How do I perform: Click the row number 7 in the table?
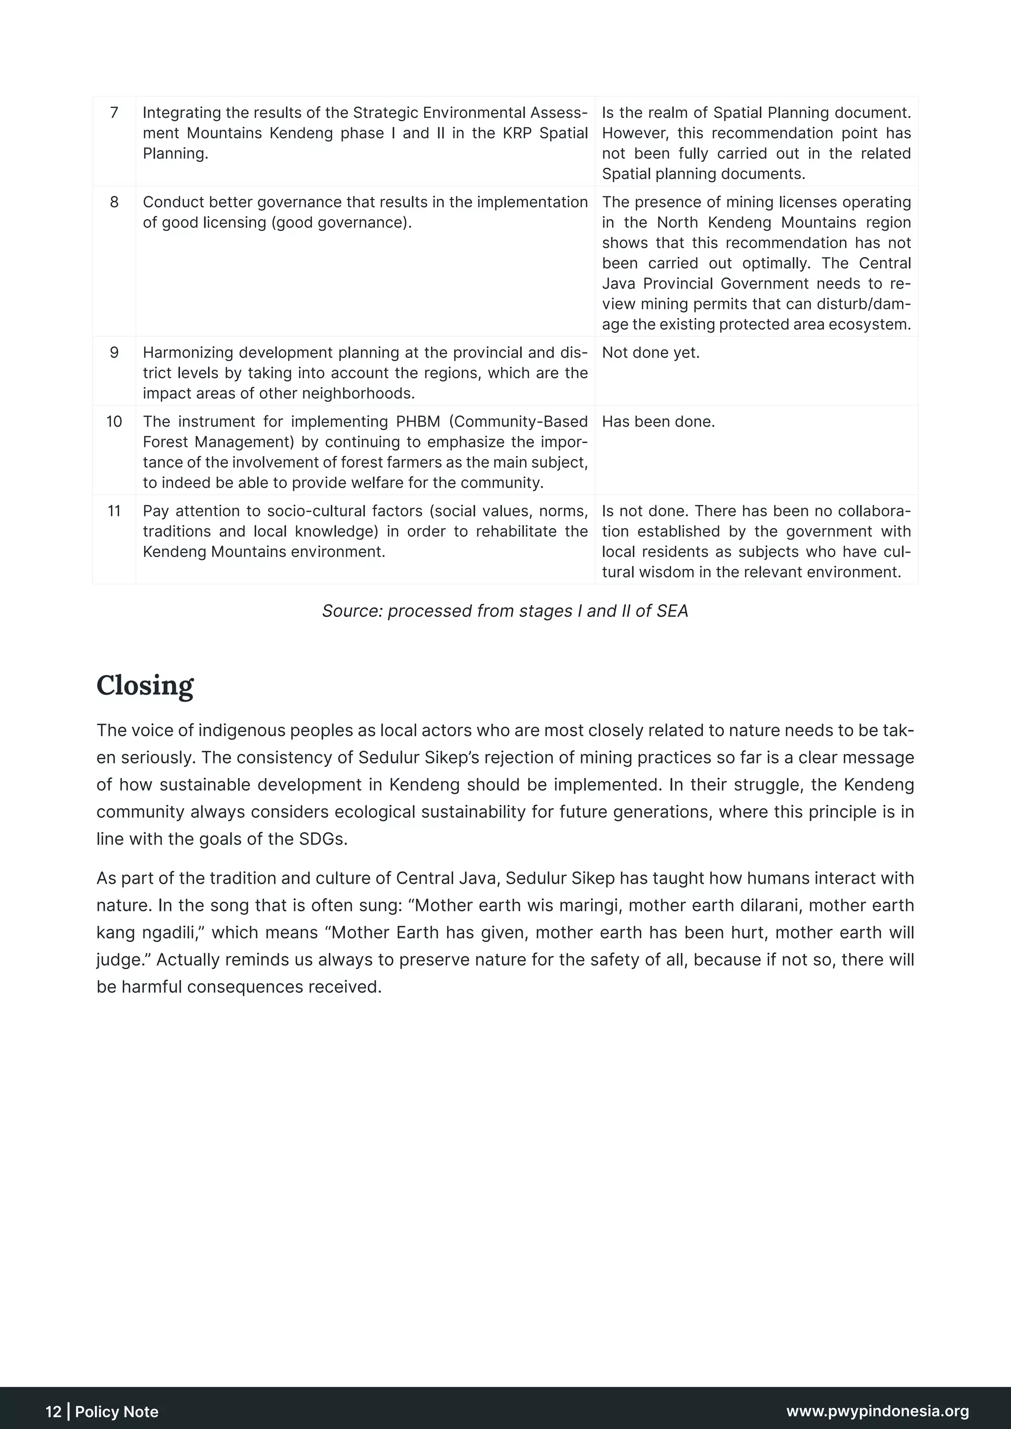point(114,113)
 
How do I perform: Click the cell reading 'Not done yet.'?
point(651,353)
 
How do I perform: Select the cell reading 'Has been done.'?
point(658,422)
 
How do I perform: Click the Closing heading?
point(145,685)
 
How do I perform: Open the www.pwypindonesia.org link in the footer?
point(877,1411)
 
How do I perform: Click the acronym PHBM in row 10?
point(418,422)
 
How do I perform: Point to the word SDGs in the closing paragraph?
point(322,839)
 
